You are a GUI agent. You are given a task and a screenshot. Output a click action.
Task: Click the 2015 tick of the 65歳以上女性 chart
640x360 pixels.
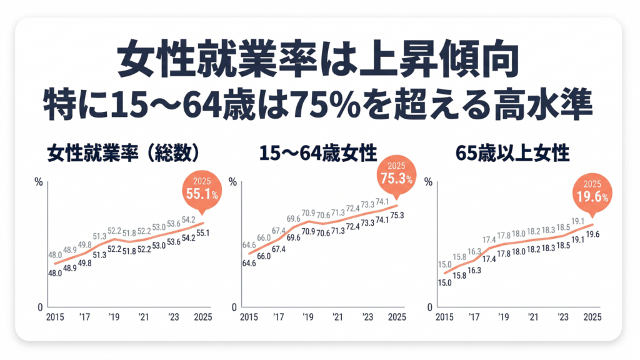444,317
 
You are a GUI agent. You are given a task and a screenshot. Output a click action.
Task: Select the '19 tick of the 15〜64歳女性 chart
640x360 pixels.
307,317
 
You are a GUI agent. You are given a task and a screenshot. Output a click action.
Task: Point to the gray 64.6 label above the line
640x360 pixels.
249,243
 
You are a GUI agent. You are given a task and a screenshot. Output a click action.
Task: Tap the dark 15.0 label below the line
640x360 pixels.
444,282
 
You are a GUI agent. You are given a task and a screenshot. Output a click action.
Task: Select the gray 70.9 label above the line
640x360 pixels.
307,212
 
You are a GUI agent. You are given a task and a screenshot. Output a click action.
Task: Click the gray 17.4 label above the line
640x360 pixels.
489,239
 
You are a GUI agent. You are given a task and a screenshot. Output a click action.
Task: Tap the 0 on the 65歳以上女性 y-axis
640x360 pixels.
431,307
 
